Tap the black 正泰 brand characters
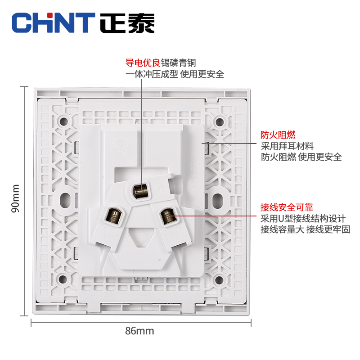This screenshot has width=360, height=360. click(x=127, y=22)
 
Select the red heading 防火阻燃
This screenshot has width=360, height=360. click(x=278, y=135)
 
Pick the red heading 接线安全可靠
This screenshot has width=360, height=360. click(x=287, y=207)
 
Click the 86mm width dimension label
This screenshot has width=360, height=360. click(x=139, y=331)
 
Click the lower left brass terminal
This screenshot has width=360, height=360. click(x=112, y=215)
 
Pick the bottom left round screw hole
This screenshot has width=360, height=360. click(x=64, y=280)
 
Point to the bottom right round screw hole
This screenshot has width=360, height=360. click(x=219, y=280)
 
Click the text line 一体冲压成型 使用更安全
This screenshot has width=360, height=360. click(x=175, y=74)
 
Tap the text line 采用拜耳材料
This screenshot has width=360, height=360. click(x=288, y=146)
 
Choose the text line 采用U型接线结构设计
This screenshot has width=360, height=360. click(x=303, y=219)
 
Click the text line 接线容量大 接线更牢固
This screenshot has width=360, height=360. click(x=305, y=229)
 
